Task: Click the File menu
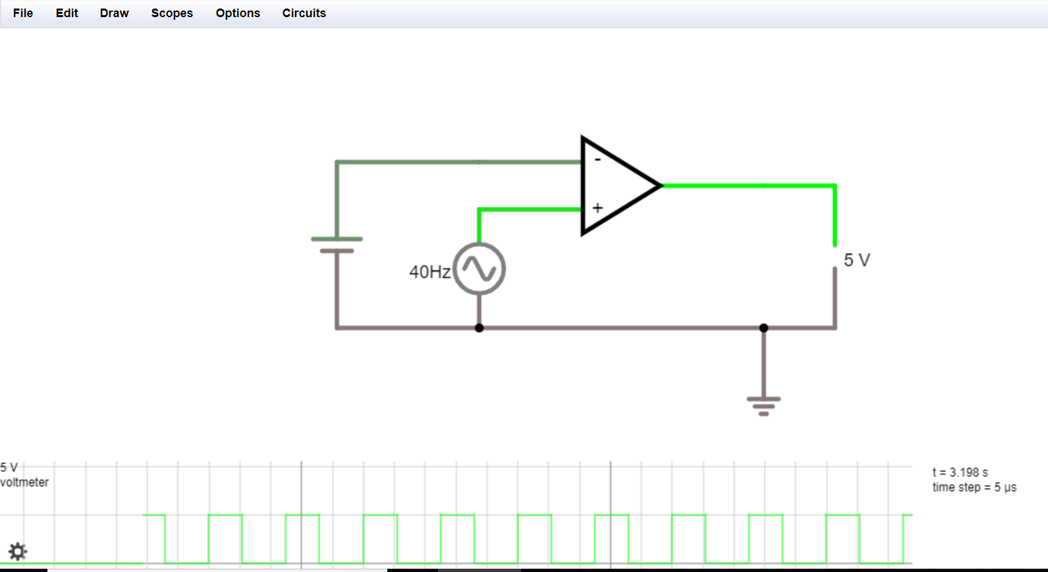point(23,13)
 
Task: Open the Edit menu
point(67,13)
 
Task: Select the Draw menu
point(114,13)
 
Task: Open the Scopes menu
point(172,13)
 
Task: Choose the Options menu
point(238,13)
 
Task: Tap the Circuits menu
point(304,13)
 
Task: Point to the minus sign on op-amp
point(597,160)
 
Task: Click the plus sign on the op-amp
point(597,208)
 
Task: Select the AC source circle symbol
point(479,269)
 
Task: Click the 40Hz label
point(429,272)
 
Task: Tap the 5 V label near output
point(856,260)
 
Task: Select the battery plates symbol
point(337,245)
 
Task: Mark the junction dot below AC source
point(479,328)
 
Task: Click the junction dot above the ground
point(763,328)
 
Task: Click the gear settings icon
point(17,551)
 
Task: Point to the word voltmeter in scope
point(24,482)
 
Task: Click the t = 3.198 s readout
point(960,473)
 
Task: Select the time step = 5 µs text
point(974,488)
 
